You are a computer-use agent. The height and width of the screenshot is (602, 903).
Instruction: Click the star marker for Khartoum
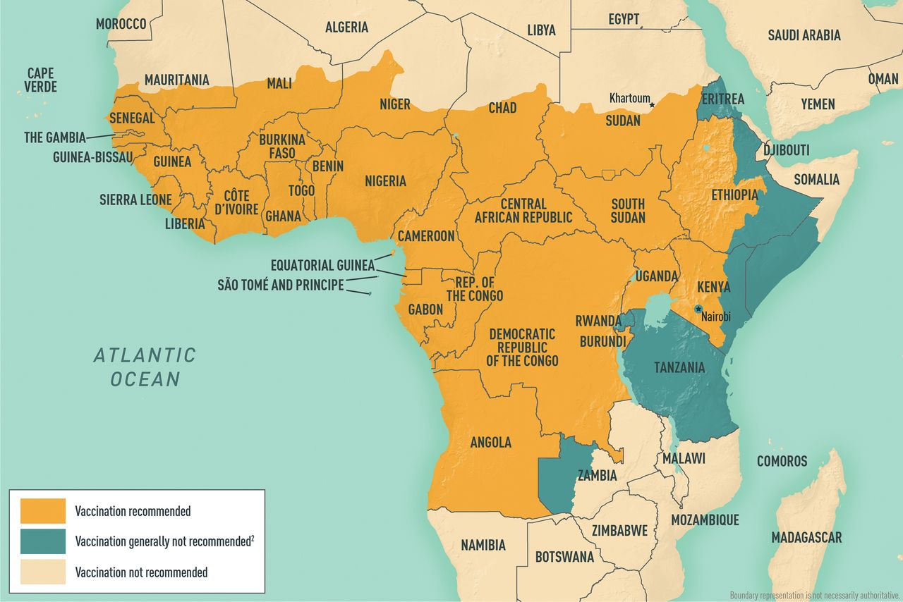pos(652,105)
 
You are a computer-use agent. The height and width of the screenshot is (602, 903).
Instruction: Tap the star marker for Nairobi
pos(698,309)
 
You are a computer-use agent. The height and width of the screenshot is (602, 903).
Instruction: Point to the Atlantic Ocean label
pos(145,367)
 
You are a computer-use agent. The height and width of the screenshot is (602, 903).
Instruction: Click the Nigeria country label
pos(385,181)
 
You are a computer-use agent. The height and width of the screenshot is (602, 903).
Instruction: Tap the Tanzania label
pos(679,367)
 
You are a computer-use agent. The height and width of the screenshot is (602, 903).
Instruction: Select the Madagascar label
pos(806,538)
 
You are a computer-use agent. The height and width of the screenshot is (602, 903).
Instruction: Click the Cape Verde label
pos(40,80)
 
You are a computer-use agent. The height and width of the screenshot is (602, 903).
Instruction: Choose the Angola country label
pos(490,442)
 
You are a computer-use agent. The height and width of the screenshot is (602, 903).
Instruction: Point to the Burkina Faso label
pos(282,146)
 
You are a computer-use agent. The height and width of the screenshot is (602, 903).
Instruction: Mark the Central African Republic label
pos(523,210)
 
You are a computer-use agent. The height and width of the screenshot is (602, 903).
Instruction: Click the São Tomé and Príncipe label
pos(281,285)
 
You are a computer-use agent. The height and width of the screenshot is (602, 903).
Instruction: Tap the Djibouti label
pos(786,150)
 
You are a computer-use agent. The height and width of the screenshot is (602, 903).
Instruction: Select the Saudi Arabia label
pos(804,35)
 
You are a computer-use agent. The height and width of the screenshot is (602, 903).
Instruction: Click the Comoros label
pos(782,461)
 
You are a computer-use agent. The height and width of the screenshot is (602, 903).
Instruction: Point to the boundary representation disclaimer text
pos(815,595)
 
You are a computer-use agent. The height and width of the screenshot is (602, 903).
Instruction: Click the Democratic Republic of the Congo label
pos(522,347)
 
